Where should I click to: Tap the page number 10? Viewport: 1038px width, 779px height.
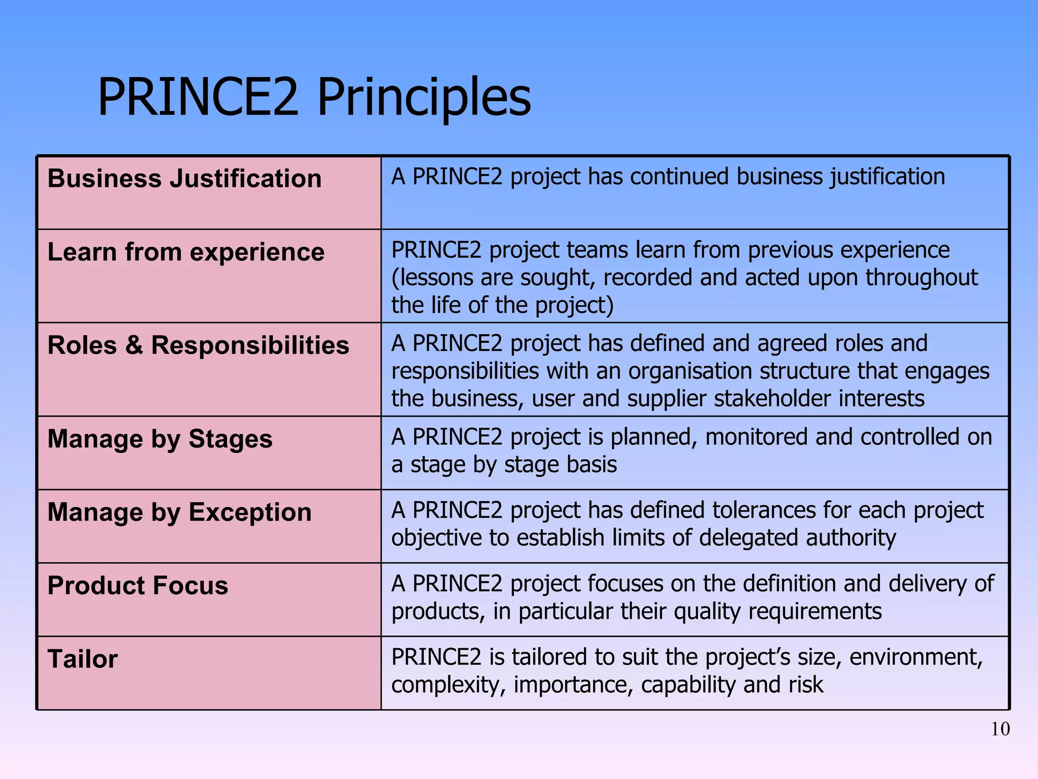pyautogui.click(x=1000, y=729)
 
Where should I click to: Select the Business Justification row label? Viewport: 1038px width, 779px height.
pyautogui.click(x=184, y=179)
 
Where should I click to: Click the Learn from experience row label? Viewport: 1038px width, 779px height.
pyautogui.click(x=186, y=252)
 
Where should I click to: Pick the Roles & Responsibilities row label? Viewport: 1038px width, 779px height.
pyautogui.click(x=198, y=345)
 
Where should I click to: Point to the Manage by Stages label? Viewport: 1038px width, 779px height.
pyautogui.click(x=160, y=439)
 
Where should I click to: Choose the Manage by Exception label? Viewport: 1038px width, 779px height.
pyautogui.click(x=179, y=512)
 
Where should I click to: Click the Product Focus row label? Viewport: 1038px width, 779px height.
pyautogui.click(x=138, y=586)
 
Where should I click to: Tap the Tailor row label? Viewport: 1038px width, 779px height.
pyautogui.click(x=83, y=659)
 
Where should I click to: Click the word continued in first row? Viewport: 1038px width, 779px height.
pyautogui.click(x=679, y=177)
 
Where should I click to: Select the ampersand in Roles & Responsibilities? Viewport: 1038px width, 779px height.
pyautogui.click(x=134, y=345)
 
